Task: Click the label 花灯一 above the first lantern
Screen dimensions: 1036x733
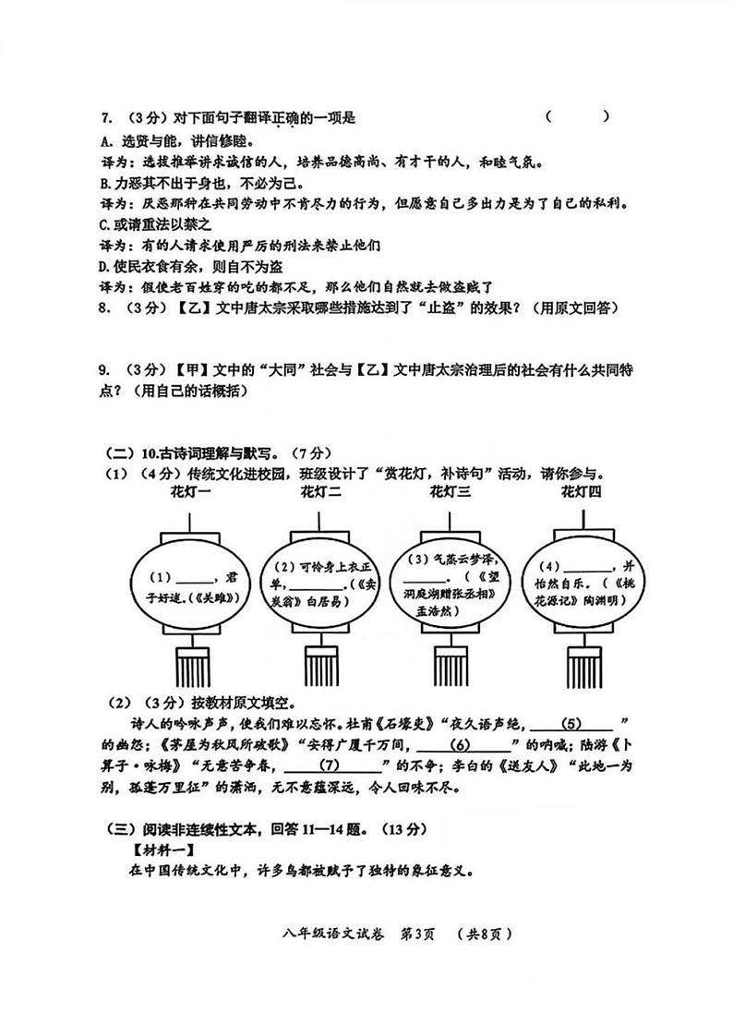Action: [190, 492]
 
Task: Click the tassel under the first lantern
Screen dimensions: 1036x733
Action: [191, 666]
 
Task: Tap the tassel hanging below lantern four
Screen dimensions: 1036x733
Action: [582, 666]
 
